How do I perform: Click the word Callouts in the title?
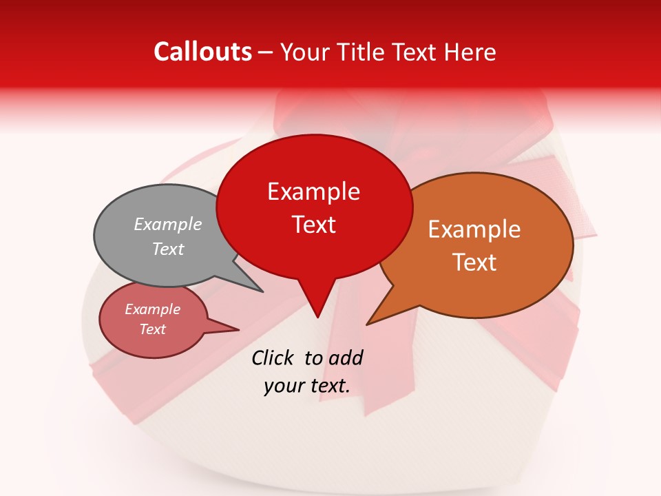202,52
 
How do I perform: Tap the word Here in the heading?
470,52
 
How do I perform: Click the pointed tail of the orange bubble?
379,314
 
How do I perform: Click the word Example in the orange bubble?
474,229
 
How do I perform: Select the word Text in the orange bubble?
474,262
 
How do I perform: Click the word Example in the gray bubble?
168,224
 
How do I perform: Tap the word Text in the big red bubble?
314,225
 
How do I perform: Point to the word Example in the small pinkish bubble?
152,309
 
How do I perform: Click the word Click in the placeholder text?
274,358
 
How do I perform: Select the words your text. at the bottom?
307,386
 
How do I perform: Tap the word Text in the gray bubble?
168,249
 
